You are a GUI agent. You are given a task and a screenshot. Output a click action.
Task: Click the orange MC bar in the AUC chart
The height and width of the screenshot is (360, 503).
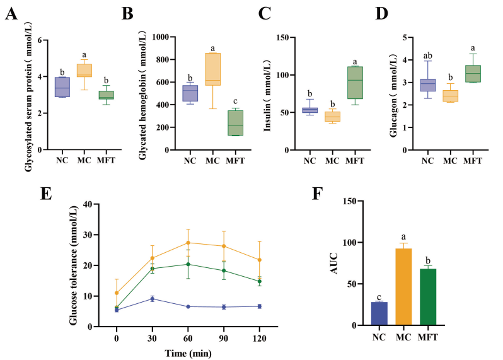(x=403, y=287)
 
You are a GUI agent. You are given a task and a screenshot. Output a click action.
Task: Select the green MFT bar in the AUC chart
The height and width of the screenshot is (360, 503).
(x=428, y=297)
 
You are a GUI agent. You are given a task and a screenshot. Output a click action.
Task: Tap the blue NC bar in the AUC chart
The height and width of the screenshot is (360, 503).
(x=379, y=313)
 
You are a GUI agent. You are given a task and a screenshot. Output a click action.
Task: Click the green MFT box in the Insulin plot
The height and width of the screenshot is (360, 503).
(x=355, y=83)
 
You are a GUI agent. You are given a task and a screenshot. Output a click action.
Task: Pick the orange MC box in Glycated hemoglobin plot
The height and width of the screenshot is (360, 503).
(x=212, y=69)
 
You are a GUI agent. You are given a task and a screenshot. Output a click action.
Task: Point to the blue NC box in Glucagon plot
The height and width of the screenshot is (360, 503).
(x=427, y=85)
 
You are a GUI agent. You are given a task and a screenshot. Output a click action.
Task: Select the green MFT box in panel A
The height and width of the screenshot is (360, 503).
(x=106, y=95)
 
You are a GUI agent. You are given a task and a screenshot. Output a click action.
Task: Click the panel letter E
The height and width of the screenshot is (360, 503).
(x=46, y=194)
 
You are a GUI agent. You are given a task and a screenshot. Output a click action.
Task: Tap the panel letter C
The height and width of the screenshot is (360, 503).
(x=265, y=13)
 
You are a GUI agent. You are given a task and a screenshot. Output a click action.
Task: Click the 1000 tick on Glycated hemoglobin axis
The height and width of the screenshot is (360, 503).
(x=160, y=37)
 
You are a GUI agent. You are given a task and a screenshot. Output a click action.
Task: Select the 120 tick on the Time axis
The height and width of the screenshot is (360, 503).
(x=260, y=338)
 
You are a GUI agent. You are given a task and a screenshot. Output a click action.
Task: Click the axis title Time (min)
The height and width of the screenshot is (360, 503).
(x=188, y=353)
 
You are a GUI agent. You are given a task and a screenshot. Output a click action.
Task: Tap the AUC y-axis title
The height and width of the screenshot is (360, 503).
(x=334, y=263)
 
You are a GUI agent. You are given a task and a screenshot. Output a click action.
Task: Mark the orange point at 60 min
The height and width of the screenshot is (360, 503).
(x=188, y=243)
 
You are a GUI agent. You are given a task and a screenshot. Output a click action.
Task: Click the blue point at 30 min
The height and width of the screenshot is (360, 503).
(x=153, y=299)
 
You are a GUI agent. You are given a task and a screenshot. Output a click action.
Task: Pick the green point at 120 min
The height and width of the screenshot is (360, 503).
(x=260, y=281)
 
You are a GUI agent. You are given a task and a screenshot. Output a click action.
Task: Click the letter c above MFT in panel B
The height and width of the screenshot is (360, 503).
(x=235, y=102)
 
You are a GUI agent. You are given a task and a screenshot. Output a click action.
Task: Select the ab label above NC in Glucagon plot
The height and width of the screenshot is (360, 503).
(x=427, y=56)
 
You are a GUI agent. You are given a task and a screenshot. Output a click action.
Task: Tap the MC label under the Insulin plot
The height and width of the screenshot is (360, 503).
(x=332, y=160)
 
